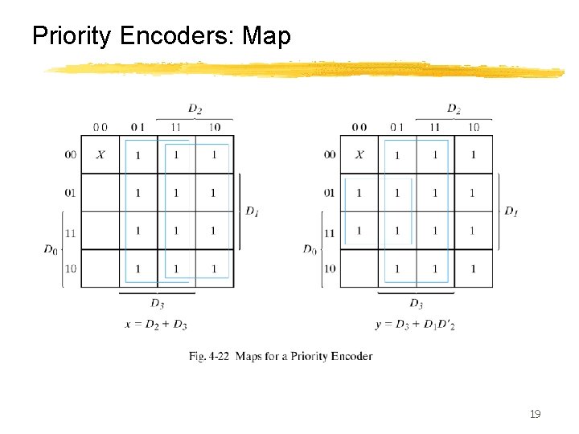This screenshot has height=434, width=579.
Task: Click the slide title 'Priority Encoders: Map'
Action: (161, 36)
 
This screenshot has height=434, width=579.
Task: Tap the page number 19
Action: (535, 414)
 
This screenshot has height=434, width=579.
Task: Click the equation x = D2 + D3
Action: (157, 323)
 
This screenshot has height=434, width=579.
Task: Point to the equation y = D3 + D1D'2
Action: (415, 323)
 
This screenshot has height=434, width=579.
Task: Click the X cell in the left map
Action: (100, 154)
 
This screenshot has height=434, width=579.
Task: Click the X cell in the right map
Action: (359, 154)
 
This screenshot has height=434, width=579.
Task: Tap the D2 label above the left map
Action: (195, 108)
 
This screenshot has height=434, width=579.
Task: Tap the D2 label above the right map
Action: (454, 108)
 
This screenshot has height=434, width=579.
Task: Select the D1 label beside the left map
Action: (253, 211)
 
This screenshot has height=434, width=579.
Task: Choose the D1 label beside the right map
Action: (511, 211)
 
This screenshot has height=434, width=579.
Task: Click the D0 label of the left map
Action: (51, 249)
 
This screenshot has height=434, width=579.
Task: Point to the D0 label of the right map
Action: (310, 249)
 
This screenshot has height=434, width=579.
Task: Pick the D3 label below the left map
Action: (158, 303)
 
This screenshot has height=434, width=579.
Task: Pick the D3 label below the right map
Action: (416, 303)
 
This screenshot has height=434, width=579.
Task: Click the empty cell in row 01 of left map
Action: (100, 193)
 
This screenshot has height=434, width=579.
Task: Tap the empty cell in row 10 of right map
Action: (359, 268)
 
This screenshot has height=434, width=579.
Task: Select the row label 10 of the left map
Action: (71, 268)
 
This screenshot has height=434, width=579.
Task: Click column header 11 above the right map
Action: (434, 127)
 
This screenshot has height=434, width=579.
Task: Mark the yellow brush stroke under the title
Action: (306, 71)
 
